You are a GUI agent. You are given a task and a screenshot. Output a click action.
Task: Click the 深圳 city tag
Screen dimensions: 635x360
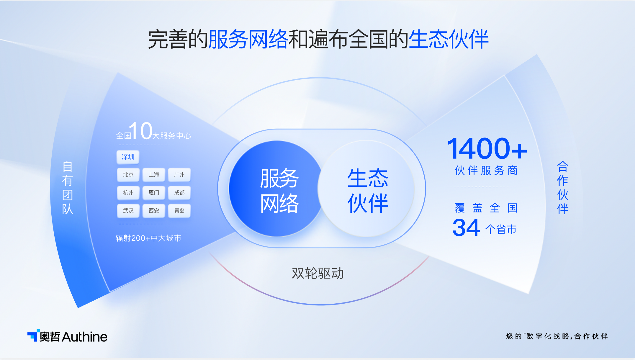(x=128, y=157)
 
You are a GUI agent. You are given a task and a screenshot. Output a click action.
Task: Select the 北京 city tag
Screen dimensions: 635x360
(x=128, y=175)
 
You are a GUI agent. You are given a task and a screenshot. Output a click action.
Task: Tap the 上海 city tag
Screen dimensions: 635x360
(x=154, y=175)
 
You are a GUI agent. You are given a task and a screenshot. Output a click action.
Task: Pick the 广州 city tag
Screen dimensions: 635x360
(x=179, y=175)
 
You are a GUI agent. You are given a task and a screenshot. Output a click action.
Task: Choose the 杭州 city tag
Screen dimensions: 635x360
(x=128, y=193)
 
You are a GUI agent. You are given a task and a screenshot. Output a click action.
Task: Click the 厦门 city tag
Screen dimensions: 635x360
(x=154, y=193)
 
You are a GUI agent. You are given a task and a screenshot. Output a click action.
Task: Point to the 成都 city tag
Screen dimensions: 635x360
(x=179, y=193)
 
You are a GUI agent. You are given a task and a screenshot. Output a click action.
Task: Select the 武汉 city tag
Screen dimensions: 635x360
(x=128, y=211)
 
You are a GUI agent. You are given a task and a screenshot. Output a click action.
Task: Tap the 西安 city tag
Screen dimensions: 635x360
(x=154, y=211)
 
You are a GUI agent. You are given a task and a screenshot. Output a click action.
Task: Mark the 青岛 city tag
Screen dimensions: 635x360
(x=179, y=211)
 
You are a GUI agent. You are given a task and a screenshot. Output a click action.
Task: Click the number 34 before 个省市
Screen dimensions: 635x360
(x=466, y=228)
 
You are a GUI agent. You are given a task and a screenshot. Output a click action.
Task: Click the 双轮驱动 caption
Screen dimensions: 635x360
(x=318, y=273)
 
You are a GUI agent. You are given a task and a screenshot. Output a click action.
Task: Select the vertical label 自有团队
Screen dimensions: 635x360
(x=68, y=188)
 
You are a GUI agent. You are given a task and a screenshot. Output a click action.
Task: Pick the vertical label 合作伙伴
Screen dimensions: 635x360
(x=562, y=188)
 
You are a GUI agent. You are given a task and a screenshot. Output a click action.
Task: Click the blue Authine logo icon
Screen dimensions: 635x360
(x=33, y=335)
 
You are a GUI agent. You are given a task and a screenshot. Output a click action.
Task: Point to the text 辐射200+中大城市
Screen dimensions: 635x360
(x=148, y=238)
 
